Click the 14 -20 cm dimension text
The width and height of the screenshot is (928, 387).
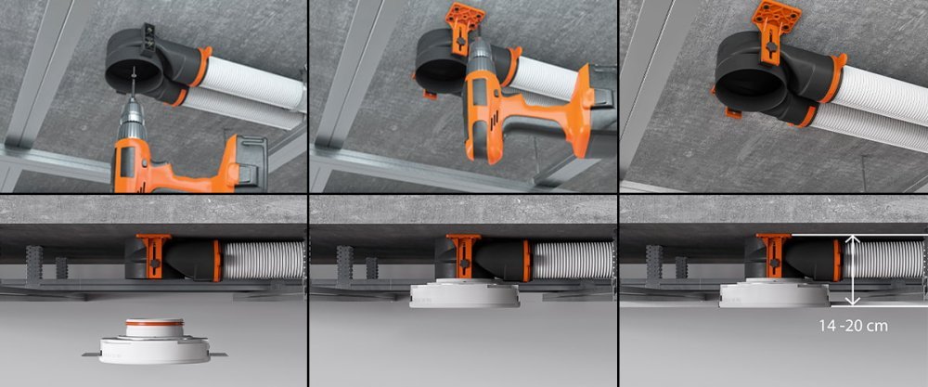(x=853, y=326)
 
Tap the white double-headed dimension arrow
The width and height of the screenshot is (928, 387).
(x=852, y=270)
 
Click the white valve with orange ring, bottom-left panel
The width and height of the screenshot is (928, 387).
(x=153, y=342)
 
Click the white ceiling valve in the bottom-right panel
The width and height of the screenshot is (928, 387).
(x=774, y=292)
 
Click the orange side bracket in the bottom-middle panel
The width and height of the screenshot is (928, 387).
(x=463, y=255)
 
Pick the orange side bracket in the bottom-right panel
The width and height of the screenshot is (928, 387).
(x=774, y=255)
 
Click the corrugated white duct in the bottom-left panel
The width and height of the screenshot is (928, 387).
(x=263, y=259)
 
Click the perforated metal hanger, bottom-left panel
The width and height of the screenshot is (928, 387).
(x=33, y=266)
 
